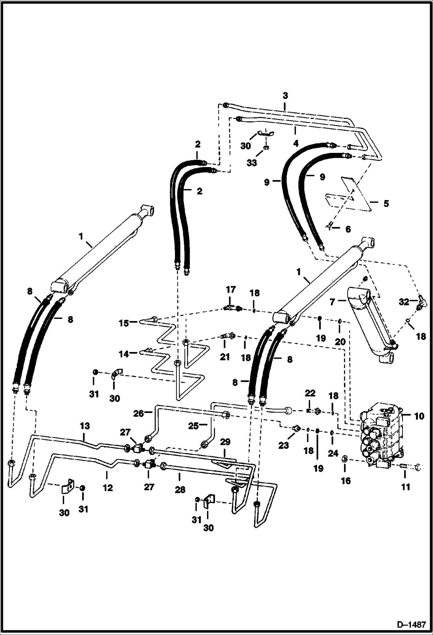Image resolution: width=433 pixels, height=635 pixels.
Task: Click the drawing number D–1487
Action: tap(412, 625)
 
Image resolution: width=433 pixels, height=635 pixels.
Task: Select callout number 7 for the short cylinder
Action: tap(332, 302)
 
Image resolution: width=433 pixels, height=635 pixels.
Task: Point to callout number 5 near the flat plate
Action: tap(386, 203)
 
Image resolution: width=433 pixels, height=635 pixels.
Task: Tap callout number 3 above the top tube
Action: tap(285, 96)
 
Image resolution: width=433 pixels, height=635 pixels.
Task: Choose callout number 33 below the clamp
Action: tap(251, 163)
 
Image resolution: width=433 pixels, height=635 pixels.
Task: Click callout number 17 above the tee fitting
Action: tap(231, 290)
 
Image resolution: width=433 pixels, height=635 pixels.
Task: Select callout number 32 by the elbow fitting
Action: tap(404, 302)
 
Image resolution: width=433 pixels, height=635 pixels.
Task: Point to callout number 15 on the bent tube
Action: tap(124, 323)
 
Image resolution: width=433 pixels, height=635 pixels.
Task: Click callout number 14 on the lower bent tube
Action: tap(124, 354)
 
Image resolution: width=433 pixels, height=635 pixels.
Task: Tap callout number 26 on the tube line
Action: tap(138, 413)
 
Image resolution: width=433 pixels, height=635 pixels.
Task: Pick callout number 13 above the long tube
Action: tap(85, 426)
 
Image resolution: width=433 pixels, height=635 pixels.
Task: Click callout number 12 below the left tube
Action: tap(108, 488)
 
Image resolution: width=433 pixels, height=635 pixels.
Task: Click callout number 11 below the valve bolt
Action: tap(406, 487)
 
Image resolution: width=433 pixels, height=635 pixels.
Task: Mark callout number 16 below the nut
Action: tap(346, 481)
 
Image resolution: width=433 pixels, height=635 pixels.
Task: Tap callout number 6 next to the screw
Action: tap(348, 229)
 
